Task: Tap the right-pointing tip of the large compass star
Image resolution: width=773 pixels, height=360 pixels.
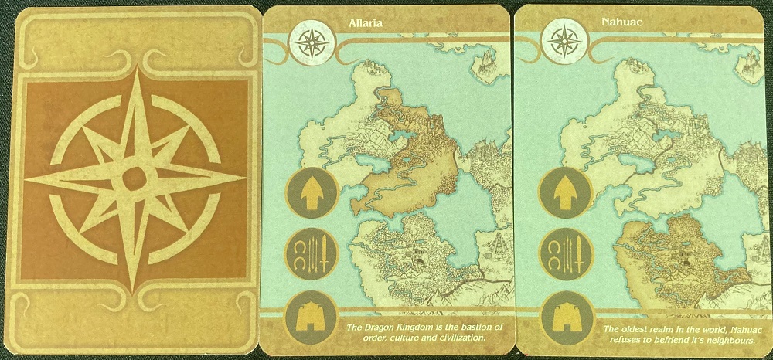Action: (240, 177)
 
